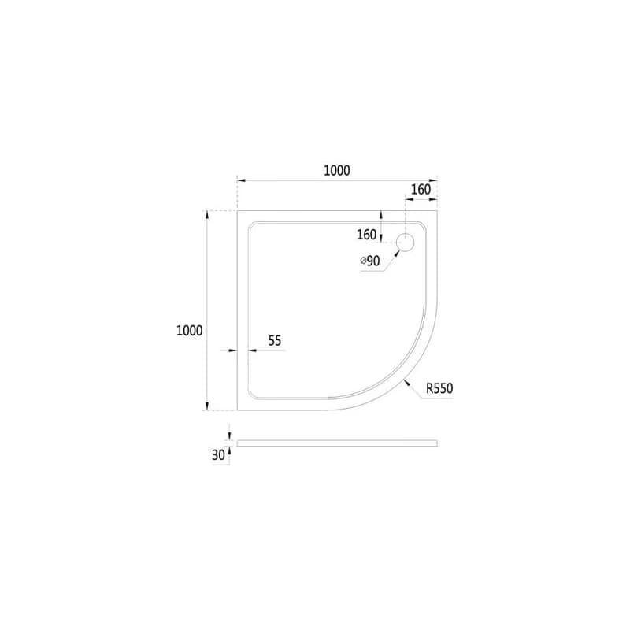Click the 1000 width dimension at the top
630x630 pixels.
(337, 170)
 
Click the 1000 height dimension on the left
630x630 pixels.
(189, 331)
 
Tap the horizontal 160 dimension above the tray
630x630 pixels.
(421, 189)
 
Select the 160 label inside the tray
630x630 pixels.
(366, 235)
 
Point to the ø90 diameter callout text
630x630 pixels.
(370, 261)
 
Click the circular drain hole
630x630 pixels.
(405, 243)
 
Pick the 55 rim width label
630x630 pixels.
(275, 341)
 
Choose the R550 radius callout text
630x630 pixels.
(439, 388)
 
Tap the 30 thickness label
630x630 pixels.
(218, 455)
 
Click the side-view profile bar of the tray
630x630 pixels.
(337, 443)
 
